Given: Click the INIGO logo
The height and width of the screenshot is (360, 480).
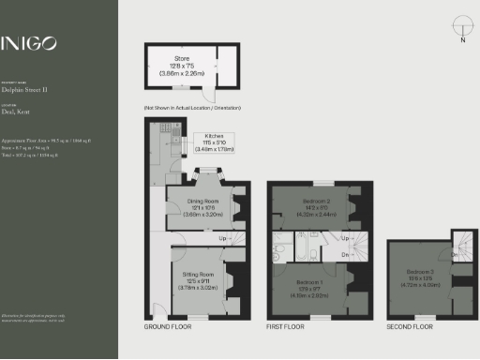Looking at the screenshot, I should pyautogui.click(x=29, y=42).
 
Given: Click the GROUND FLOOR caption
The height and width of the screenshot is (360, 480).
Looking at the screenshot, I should pyautogui.click(x=168, y=327).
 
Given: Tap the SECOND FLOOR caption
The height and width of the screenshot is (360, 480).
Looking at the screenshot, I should pyautogui.click(x=410, y=327).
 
